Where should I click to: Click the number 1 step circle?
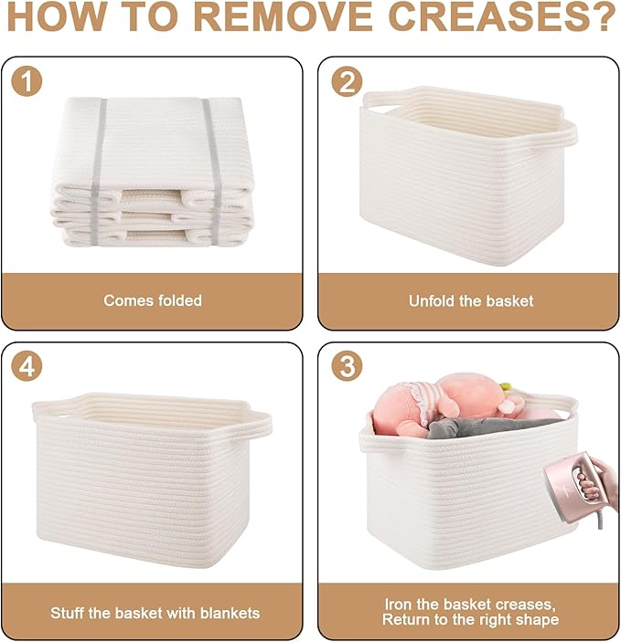27,81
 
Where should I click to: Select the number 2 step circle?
347,81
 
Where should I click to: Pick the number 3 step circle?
347,365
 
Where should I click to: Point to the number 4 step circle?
27,365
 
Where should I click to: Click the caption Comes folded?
153,300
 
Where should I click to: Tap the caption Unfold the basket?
471,301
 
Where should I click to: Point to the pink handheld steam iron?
569,488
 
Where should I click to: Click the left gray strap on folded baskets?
99,172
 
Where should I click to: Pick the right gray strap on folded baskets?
213,172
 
